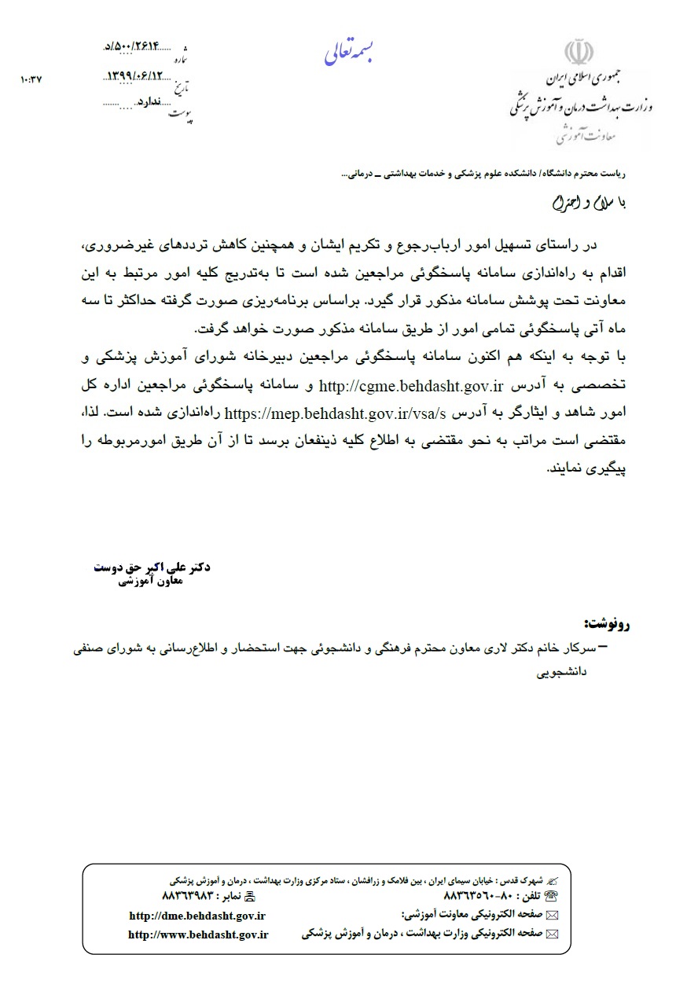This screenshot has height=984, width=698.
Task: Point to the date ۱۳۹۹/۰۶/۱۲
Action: pyautogui.click(x=137, y=76)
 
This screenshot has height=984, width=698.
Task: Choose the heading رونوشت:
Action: pyautogui.click(x=607, y=626)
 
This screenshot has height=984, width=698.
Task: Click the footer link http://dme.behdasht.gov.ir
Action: pyautogui.click(x=197, y=916)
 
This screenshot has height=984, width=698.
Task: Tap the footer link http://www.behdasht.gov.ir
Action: pyautogui.click(x=198, y=934)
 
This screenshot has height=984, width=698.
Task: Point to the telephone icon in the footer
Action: pyautogui.click(x=550, y=895)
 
